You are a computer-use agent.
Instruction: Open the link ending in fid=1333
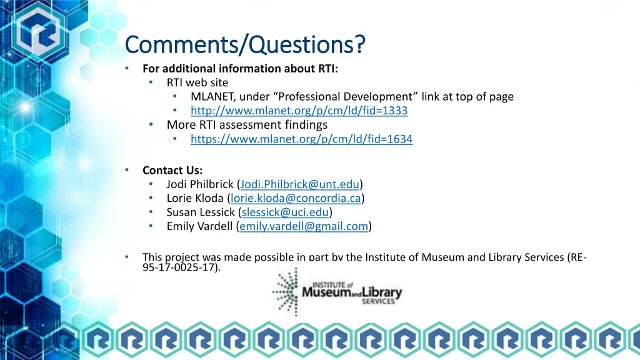[299, 111]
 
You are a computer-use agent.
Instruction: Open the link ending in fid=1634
[301, 139]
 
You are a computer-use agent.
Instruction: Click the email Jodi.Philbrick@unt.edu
[299, 184]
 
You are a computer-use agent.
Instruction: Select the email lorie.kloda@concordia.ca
[296, 198]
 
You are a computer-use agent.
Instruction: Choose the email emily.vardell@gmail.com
[304, 226]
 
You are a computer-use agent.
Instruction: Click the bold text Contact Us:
[172, 170]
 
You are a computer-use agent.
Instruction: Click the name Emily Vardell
[201, 226]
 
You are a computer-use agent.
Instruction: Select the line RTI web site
[197, 82]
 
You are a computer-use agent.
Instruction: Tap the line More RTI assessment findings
[247, 125]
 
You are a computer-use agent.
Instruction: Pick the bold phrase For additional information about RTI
[240, 69]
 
